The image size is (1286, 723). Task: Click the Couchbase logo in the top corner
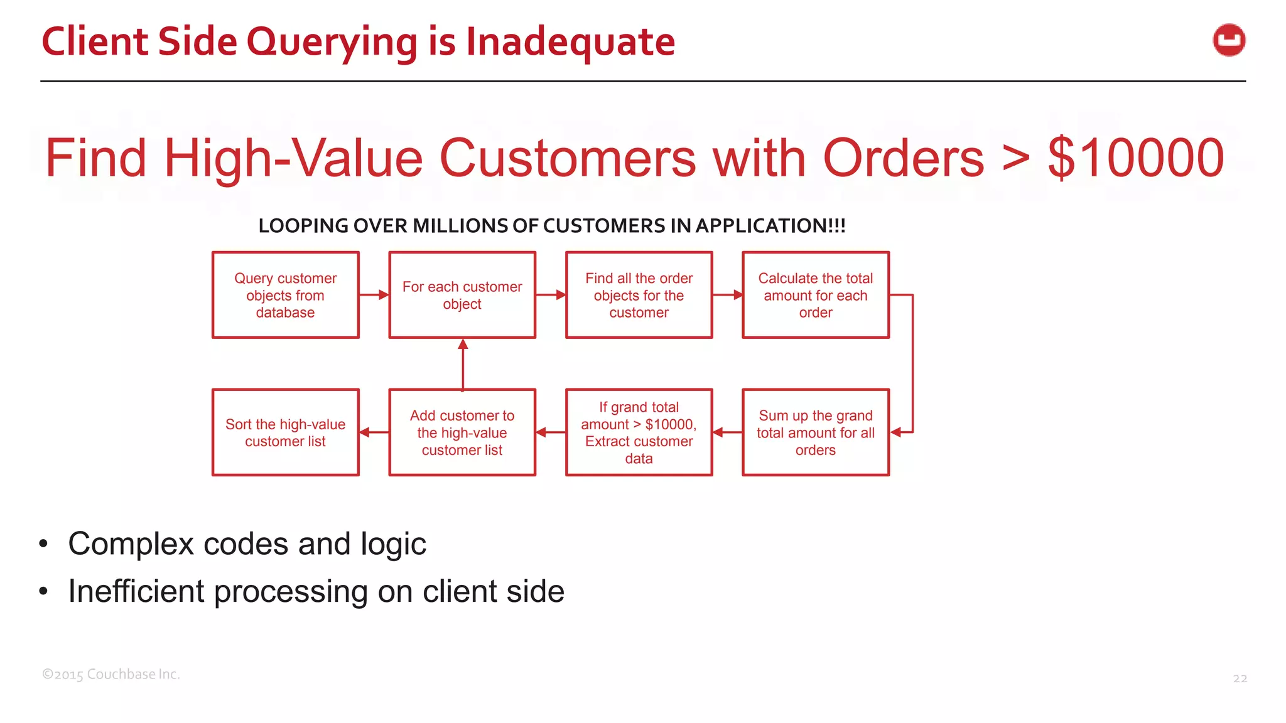click(x=1229, y=40)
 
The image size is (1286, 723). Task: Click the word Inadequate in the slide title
click(x=570, y=41)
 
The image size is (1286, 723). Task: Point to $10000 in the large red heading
click(x=1135, y=158)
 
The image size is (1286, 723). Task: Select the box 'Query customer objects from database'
click(x=286, y=295)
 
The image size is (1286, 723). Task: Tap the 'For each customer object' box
click(x=462, y=295)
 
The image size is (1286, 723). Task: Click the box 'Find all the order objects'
click(x=639, y=295)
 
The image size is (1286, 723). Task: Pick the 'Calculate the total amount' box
click(x=815, y=295)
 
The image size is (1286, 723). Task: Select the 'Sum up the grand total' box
click(x=815, y=432)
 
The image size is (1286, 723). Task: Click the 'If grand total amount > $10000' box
click(x=639, y=432)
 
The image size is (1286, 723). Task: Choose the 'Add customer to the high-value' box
click(x=462, y=432)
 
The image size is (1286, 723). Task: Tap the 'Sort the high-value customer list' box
click(x=286, y=432)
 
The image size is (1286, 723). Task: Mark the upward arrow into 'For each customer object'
click(x=463, y=364)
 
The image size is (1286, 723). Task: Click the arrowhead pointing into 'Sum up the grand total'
click(x=897, y=432)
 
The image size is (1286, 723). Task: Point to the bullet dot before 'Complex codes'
click(x=43, y=544)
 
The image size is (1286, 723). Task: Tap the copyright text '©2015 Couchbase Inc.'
click(x=111, y=675)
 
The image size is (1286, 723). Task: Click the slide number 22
click(x=1240, y=678)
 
